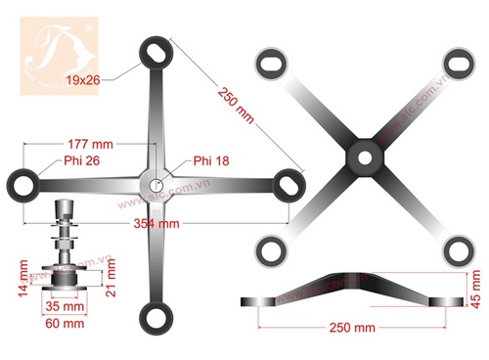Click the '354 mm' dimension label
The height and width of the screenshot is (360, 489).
(x=156, y=223)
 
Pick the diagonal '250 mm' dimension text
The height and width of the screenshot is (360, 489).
(x=239, y=104)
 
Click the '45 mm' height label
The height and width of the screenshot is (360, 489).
(x=476, y=291)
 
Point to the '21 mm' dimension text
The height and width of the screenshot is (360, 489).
(x=111, y=274)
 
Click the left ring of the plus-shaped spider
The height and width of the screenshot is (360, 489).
(x=22, y=181)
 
